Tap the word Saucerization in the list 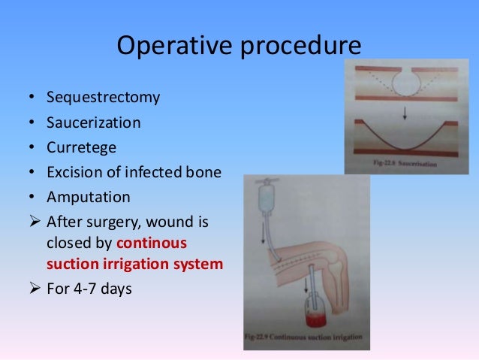93,122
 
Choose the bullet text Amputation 88,197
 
